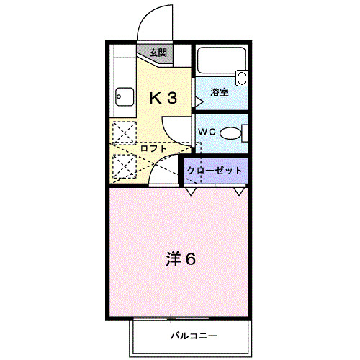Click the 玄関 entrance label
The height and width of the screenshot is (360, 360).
(x=158, y=53)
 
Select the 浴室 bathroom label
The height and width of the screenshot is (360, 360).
(x=220, y=92)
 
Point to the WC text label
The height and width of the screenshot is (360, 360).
(x=206, y=132)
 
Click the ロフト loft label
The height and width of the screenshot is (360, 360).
(x=153, y=148)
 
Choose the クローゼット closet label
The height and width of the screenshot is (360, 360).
(x=214, y=171)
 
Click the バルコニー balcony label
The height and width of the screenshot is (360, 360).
(x=194, y=335)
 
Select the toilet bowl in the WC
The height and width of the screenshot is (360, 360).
(x=231, y=133)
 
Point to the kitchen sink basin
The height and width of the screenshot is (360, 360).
(x=123, y=96)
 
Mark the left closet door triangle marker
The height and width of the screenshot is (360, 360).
(x=190, y=192)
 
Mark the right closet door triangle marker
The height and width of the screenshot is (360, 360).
(x=238, y=192)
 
